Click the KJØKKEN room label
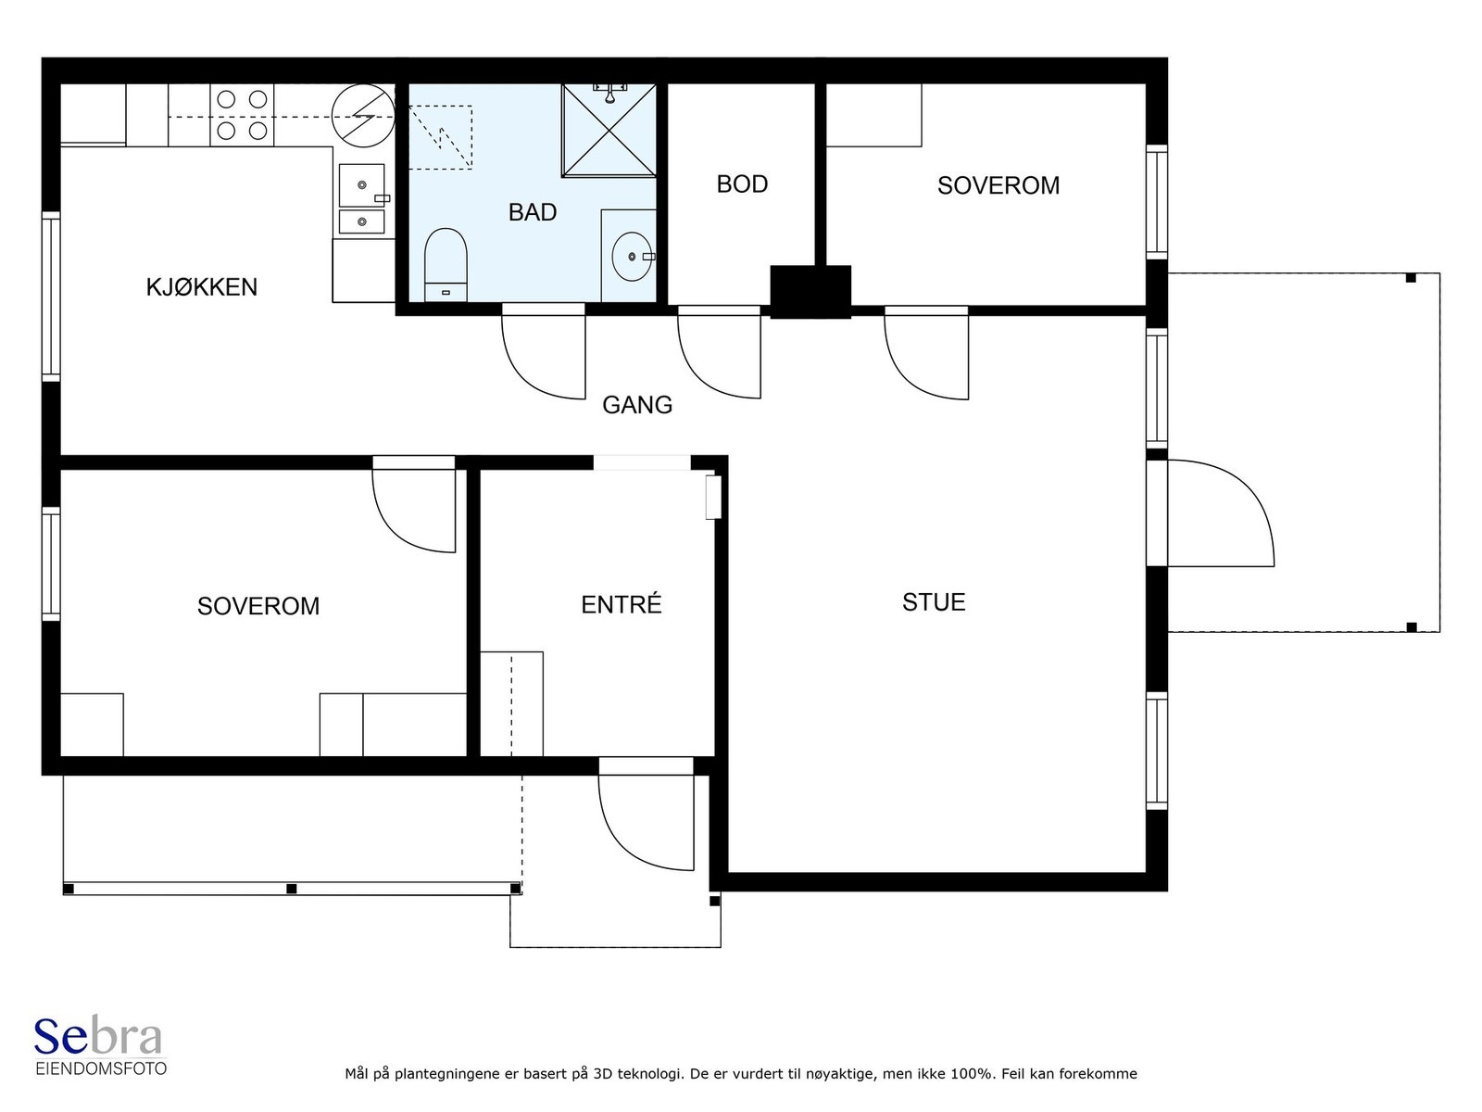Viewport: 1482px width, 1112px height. [201, 287]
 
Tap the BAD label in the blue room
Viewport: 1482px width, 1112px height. [532, 212]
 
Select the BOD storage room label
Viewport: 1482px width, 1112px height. [742, 183]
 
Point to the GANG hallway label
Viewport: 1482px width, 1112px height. [636, 404]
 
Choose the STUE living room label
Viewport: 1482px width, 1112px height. [934, 601]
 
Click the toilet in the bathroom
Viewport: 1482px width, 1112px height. [446, 265]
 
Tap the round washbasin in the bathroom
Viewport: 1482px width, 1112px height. [633, 257]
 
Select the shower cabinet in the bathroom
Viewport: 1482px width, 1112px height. [609, 130]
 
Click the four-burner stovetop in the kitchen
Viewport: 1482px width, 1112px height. [242, 115]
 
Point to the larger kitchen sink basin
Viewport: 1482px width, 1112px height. [362, 184]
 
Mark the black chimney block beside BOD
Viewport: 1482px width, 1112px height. [810, 292]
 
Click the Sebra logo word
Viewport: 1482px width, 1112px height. [98, 1036]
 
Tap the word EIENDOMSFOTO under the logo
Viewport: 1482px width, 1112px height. [101, 1069]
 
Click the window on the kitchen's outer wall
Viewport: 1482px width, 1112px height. [51, 297]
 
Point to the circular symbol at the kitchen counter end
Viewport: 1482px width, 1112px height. [363, 116]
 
